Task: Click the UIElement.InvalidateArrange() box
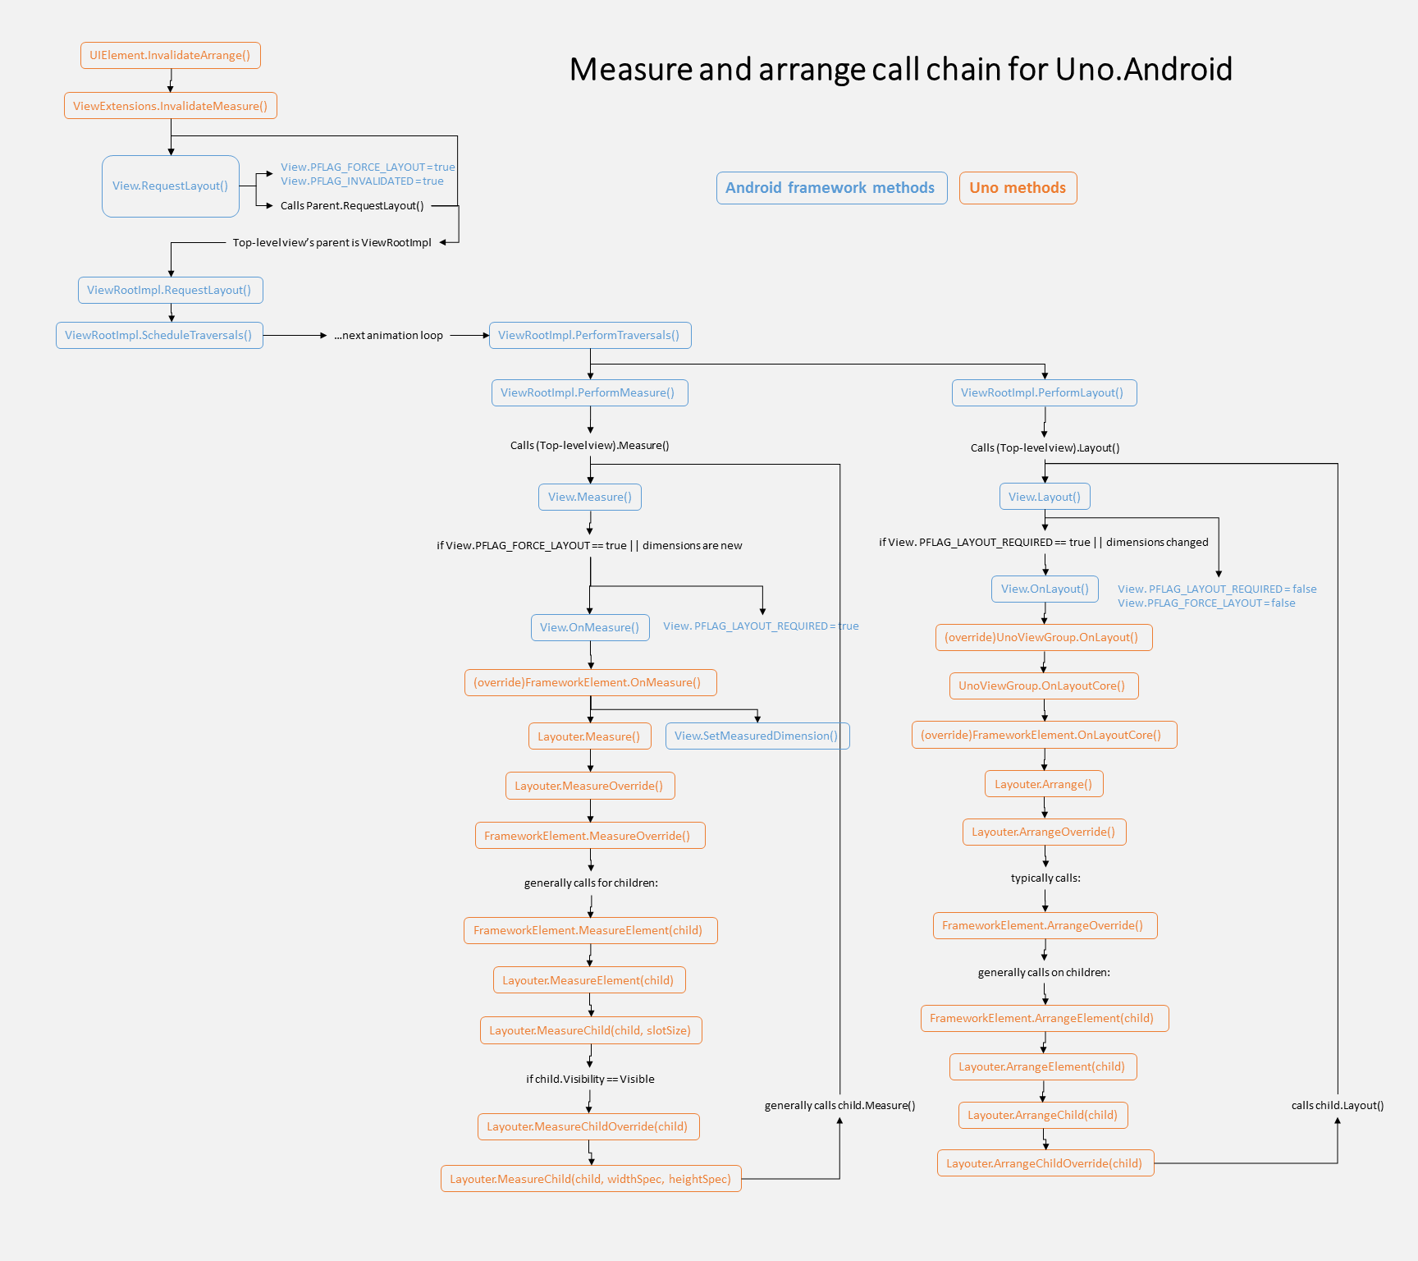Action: tap(170, 56)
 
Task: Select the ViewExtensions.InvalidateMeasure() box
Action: tap(170, 106)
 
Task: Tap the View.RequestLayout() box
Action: tap(170, 186)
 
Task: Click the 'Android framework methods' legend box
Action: tap(830, 188)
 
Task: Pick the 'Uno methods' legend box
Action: tap(1018, 188)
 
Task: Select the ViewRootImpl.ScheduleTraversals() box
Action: tap(159, 336)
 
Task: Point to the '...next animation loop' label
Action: tap(388, 336)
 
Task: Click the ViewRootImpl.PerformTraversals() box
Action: tap(589, 336)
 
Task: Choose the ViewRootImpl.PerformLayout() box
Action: tap(1043, 393)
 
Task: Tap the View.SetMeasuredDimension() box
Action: tap(757, 736)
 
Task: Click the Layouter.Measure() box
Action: tap(589, 736)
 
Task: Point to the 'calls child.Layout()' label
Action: tap(1337, 1106)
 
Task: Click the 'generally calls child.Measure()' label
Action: tap(839, 1106)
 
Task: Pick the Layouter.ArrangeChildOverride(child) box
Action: tap(1045, 1163)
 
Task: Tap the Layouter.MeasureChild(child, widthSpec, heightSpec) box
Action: tap(590, 1179)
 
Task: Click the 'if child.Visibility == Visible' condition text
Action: tap(590, 1080)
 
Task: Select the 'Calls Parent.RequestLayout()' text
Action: tap(352, 206)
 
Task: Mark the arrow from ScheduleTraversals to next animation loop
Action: tap(295, 336)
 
